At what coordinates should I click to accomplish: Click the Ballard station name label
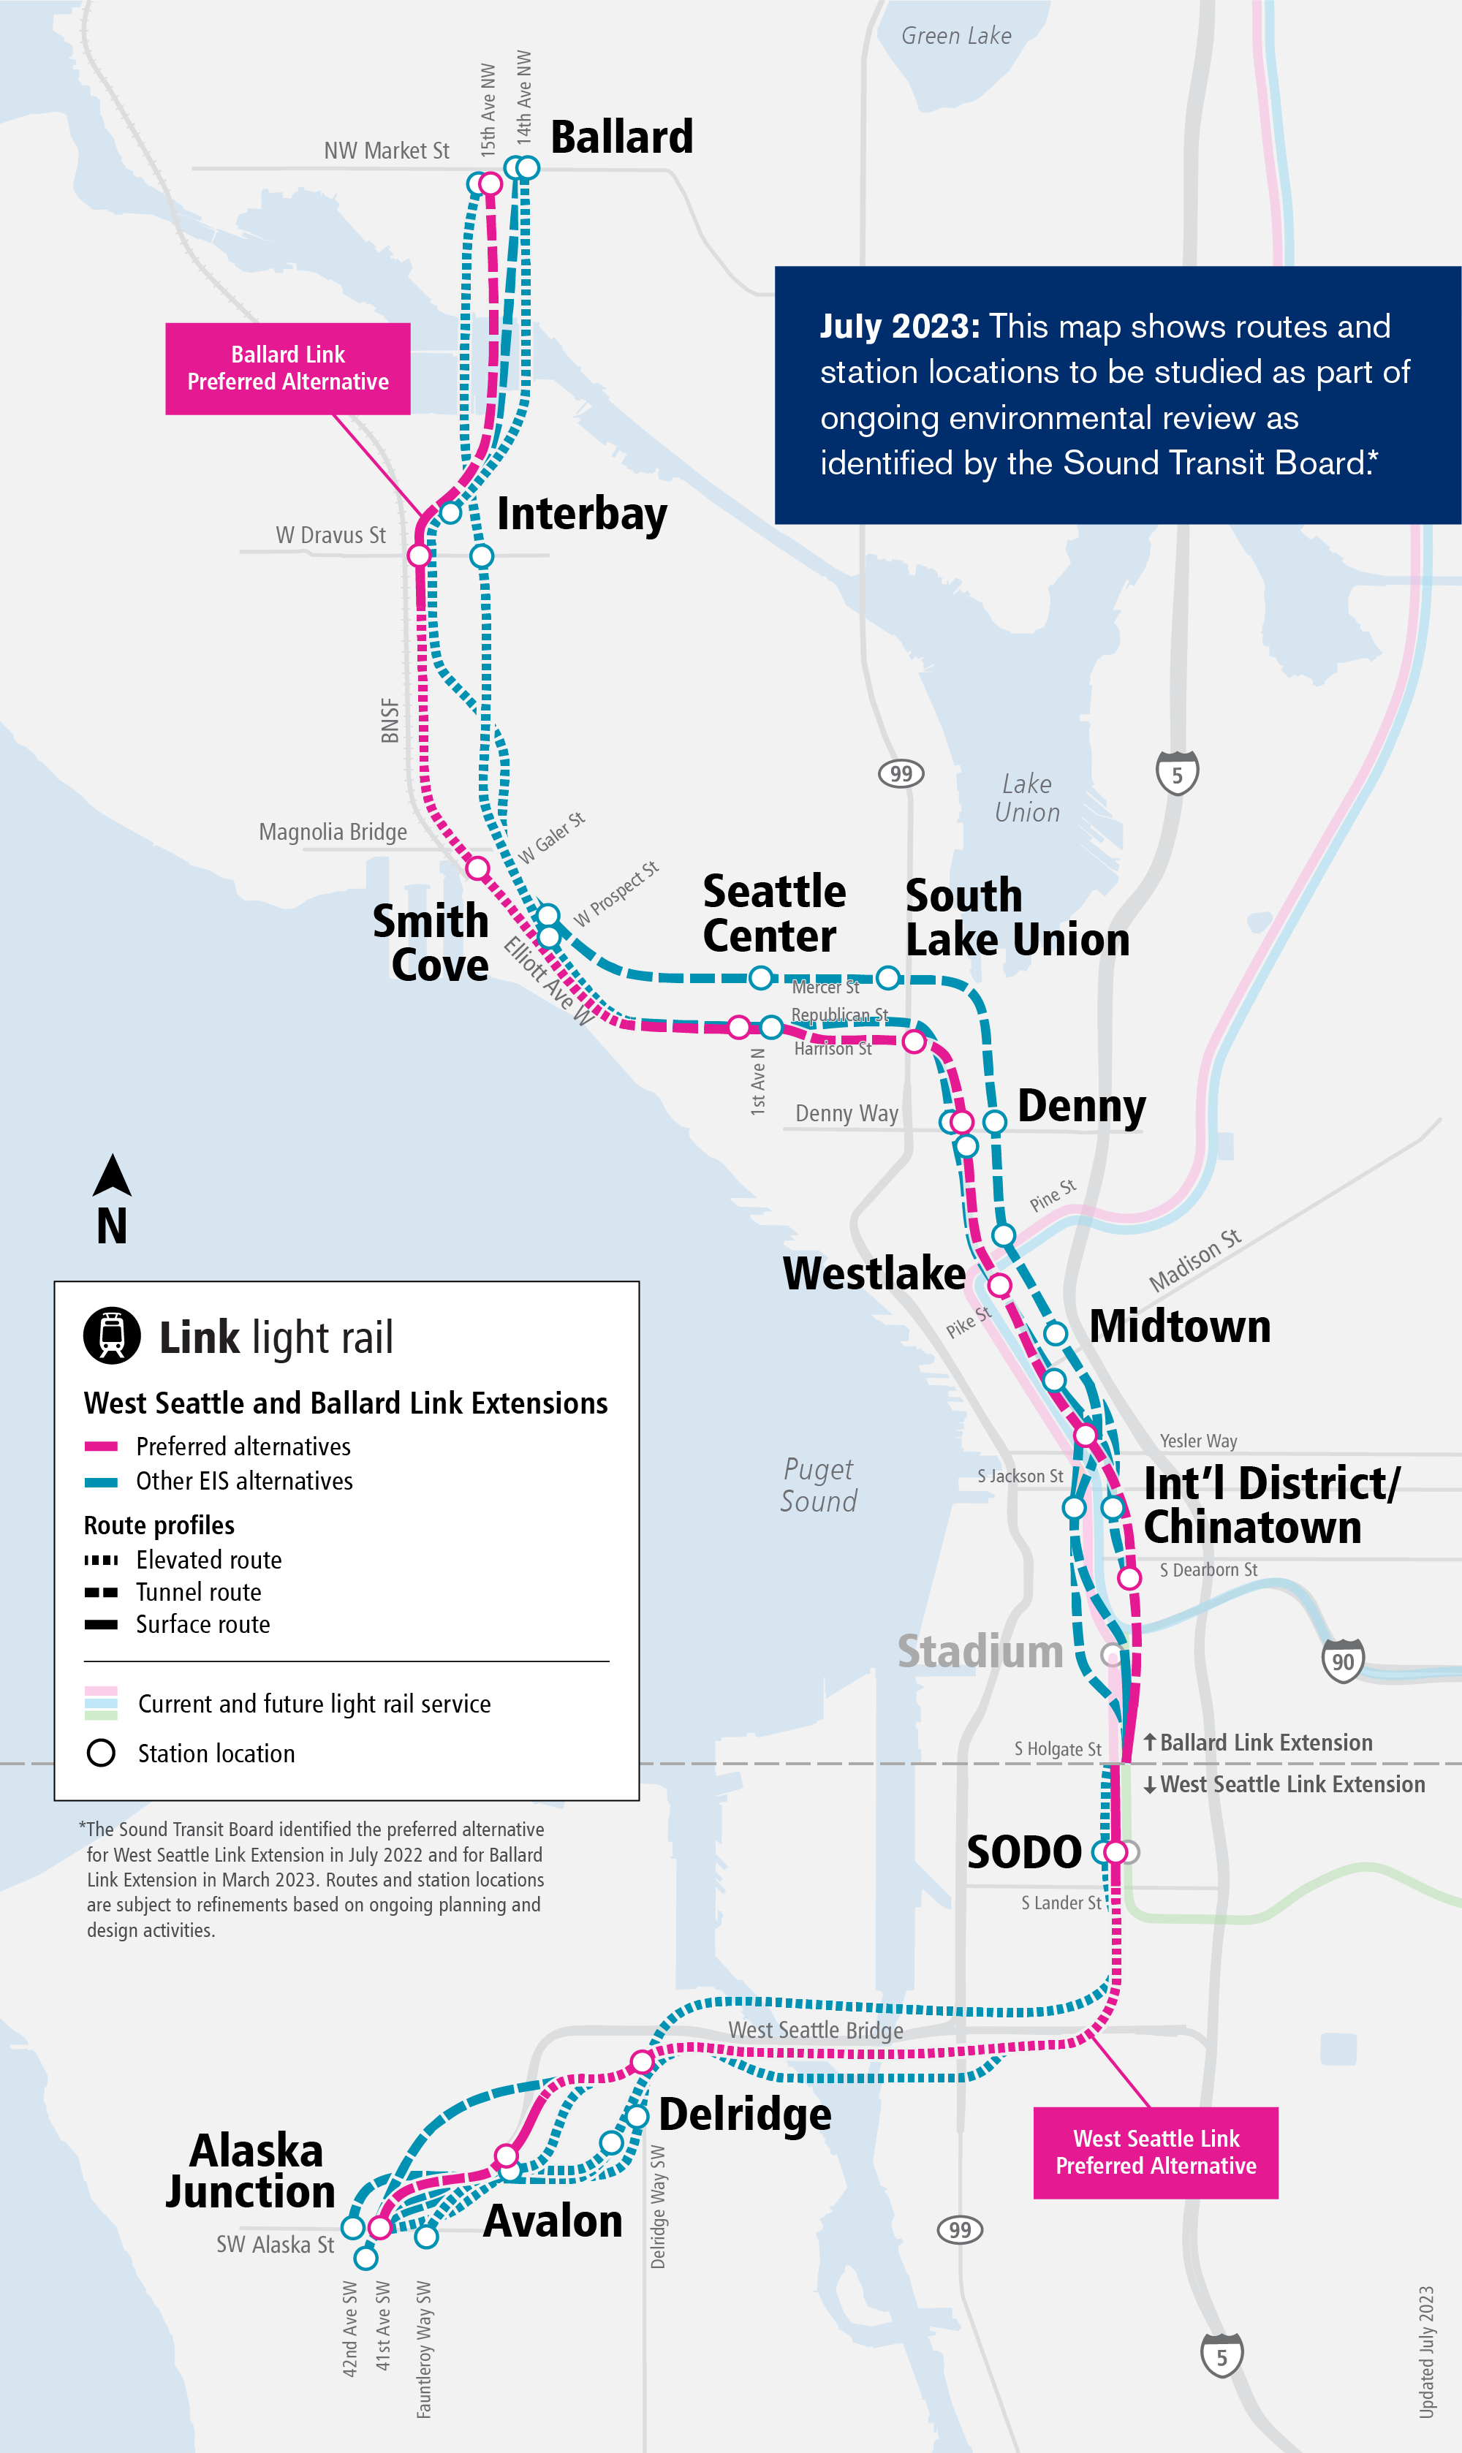point(621,137)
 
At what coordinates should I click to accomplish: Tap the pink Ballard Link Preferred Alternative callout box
point(288,368)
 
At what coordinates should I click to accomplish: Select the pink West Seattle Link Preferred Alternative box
point(1155,2152)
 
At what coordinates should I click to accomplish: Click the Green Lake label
point(955,37)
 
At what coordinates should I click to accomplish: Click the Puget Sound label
point(818,1485)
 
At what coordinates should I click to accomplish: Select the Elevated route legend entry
point(208,1560)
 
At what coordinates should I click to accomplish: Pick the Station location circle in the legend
point(102,1753)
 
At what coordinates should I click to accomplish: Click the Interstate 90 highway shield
point(1343,1661)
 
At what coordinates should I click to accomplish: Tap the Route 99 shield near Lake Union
point(901,773)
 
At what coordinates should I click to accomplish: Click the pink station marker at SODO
point(1116,1852)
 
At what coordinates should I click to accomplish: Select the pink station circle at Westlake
point(999,1285)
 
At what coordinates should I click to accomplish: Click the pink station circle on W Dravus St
point(420,556)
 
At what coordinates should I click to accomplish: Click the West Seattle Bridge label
point(815,2029)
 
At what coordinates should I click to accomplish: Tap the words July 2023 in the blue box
point(898,326)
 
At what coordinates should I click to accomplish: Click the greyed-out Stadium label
point(980,1652)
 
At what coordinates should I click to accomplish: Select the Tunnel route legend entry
point(198,1592)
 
